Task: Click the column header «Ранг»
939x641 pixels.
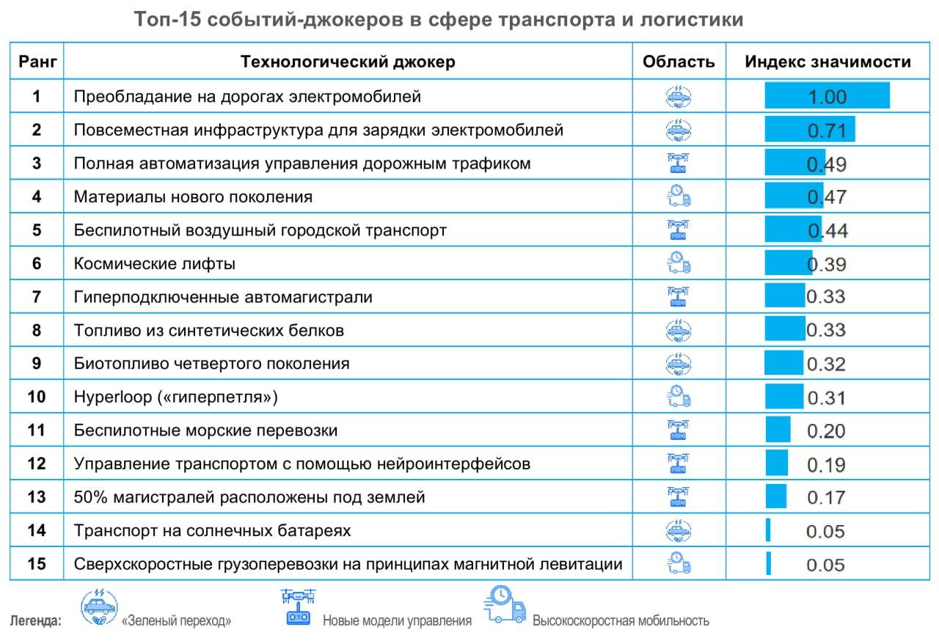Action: [37, 62]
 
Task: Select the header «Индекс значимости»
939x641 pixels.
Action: [827, 62]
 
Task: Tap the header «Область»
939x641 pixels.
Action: [679, 62]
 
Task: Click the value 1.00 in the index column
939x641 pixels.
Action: [827, 97]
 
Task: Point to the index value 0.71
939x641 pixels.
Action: [827, 131]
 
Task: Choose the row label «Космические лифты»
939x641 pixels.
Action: [155, 263]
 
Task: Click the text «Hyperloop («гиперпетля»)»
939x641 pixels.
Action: [176, 397]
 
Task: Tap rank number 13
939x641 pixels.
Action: [37, 497]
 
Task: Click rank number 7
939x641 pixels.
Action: [37, 297]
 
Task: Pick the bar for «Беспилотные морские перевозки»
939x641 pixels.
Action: [778, 430]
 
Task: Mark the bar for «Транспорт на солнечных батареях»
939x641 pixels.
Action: [768, 530]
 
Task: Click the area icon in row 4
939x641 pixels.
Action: [679, 196]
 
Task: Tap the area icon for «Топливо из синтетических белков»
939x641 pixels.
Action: [679, 329]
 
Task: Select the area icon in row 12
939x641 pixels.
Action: [679, 464]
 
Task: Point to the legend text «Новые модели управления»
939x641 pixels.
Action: [397, 620]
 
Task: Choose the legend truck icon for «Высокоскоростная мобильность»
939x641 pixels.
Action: [505, 605]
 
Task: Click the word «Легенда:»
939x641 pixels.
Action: [35, 621]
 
